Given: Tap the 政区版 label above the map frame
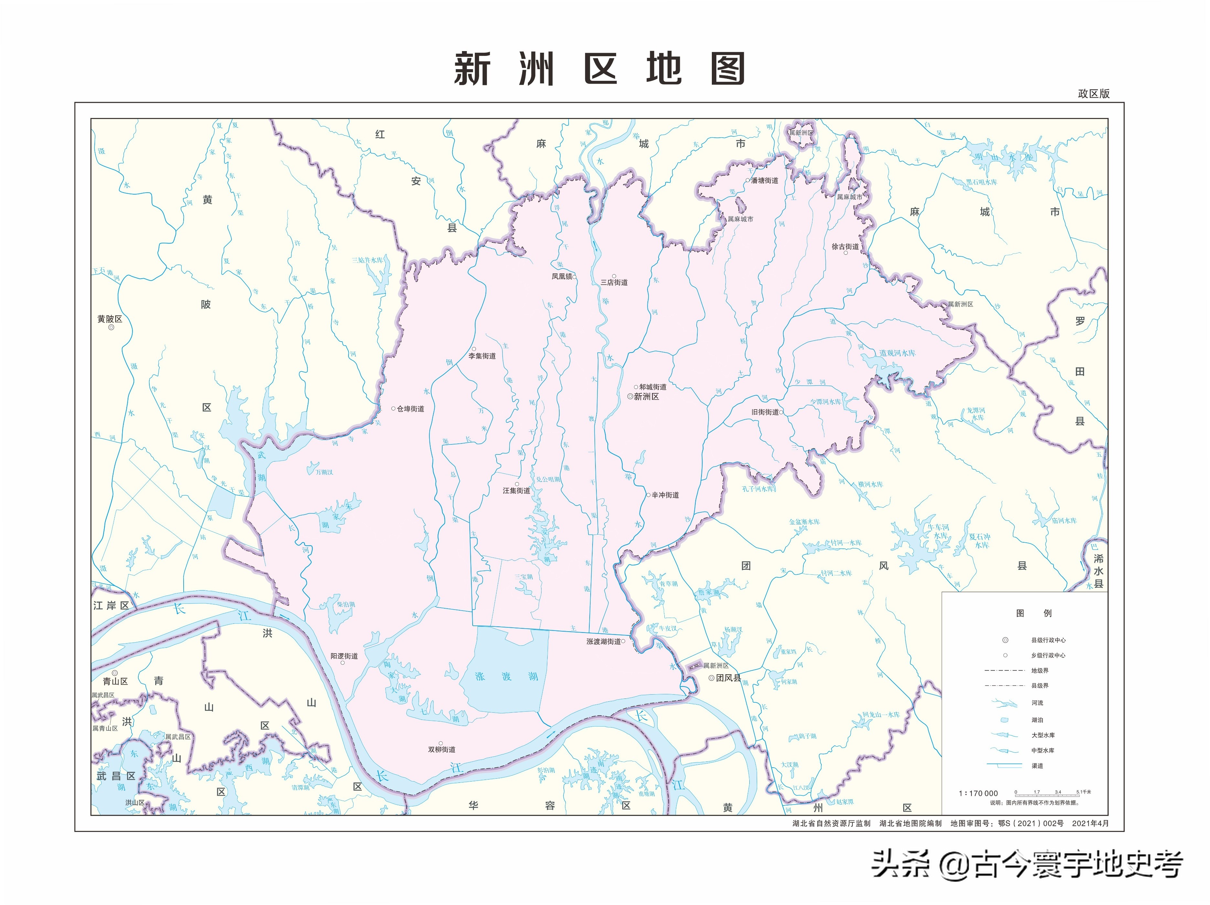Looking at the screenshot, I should click(1094, 93).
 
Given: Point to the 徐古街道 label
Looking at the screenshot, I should click(845, 247).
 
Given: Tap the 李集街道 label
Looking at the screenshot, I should click(482, 356).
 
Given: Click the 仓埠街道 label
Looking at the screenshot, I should click(410, 409).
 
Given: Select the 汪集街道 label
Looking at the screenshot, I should click(516, 491).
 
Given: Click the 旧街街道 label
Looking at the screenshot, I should click(765, 412).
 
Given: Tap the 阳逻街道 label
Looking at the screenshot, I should click(344, 656).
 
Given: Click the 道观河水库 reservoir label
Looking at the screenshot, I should click(897, 353).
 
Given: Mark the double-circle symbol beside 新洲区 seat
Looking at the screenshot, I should click(630, 397).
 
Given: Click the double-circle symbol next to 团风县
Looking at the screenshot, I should click(712, 678).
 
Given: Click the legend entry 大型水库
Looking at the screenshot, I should click(1043, 736).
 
